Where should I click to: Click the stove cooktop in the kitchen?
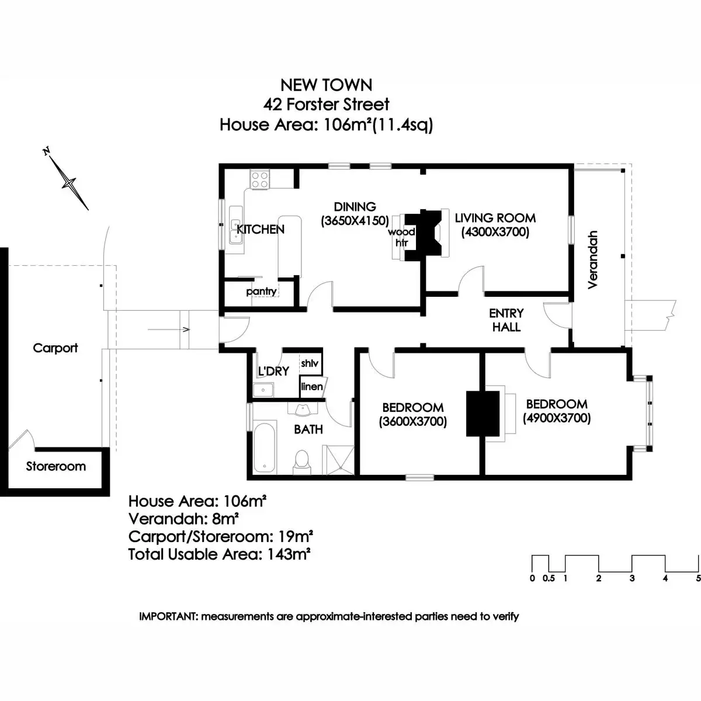(259, 178)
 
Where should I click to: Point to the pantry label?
(261, 291)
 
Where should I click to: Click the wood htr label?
(401, 237)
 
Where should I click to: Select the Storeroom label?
(55, 466)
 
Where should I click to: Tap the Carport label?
(55, 348)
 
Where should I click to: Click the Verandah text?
(593, 259)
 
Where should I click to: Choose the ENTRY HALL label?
(506, 320)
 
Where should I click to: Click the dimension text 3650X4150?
(355, 221)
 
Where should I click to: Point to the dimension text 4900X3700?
(557, 418)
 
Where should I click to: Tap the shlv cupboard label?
(310, 363)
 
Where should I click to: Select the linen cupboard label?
(311, 387)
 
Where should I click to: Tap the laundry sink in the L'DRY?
(264, 390)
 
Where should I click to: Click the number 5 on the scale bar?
(698, 578)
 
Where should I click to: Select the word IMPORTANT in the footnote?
(169, 616)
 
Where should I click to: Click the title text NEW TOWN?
(326, 85)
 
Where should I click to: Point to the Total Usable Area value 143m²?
(289, 554)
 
